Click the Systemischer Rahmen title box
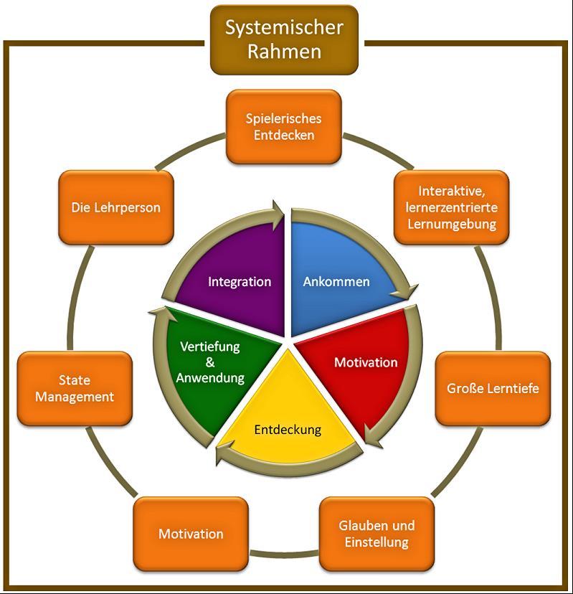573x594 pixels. tap(284, 40)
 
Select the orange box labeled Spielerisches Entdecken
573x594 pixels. tap(284, 126)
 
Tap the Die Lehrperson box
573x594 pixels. tap(116, 207)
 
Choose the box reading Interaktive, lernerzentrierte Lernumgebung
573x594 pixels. tap(452, 207)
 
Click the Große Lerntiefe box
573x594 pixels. tap(493, 389)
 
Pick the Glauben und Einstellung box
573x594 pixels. tap(376, 533)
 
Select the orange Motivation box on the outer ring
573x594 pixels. tap(191, 534)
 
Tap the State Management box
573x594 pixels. tap(75, 387)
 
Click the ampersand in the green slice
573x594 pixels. tap(210, 362)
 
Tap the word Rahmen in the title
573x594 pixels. tap(284, 52)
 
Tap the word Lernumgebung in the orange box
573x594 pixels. tap(452, 224)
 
